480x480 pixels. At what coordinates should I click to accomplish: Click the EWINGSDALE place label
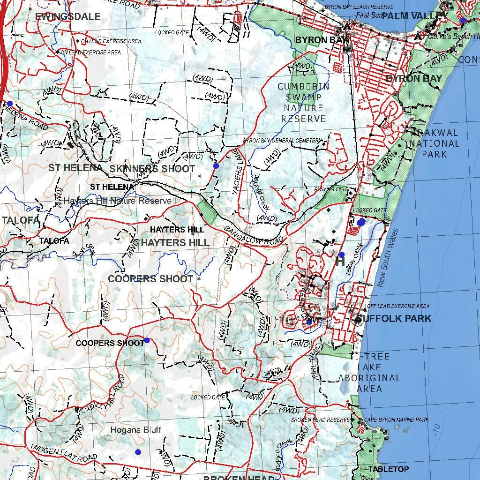pos(68,17)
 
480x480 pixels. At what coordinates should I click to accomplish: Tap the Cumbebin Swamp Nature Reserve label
pos(303,103)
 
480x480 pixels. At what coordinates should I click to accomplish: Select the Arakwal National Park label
pos(434,143)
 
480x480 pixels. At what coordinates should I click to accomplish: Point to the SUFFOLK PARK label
pos(393,319)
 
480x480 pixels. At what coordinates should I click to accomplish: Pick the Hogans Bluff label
pos(136,430)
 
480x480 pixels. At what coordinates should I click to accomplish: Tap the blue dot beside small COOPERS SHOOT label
pos(147,340)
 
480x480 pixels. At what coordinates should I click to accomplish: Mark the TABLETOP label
pos(388,469)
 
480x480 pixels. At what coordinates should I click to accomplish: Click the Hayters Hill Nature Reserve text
pos(118,201)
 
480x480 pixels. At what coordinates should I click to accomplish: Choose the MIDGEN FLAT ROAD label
pos(64,452)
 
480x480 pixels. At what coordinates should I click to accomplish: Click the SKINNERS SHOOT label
pos(152,169)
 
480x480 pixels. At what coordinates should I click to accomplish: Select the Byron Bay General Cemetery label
pos(283,140)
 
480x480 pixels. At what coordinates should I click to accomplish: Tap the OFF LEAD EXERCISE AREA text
pos(397,306)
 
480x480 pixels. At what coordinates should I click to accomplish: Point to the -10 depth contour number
pos(437,429)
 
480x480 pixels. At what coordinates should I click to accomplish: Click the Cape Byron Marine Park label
pos(396,420)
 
